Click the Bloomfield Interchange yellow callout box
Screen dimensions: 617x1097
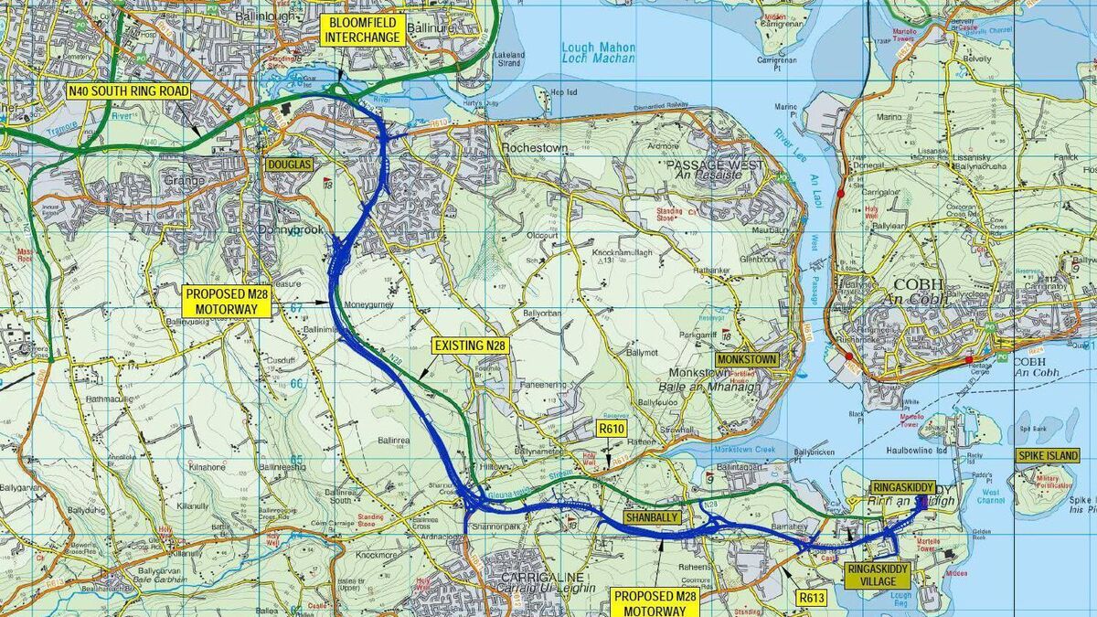(x=363, y=29)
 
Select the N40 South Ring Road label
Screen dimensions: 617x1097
(x=128, y=91)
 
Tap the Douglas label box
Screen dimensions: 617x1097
(x=289, y=165)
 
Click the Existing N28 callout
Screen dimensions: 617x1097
(x=470, y=346)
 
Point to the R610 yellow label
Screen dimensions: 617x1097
(x=611, y=428)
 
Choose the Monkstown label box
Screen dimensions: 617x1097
(x=747, y=359)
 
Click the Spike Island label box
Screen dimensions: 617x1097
(x=1049, y=455)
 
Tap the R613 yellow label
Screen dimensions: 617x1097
(x=811, y=599)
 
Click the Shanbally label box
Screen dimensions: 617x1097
(x=649, y=517)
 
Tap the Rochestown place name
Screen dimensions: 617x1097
(x=534, y=147)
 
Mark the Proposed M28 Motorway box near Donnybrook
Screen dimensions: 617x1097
(x=228, y=301)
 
